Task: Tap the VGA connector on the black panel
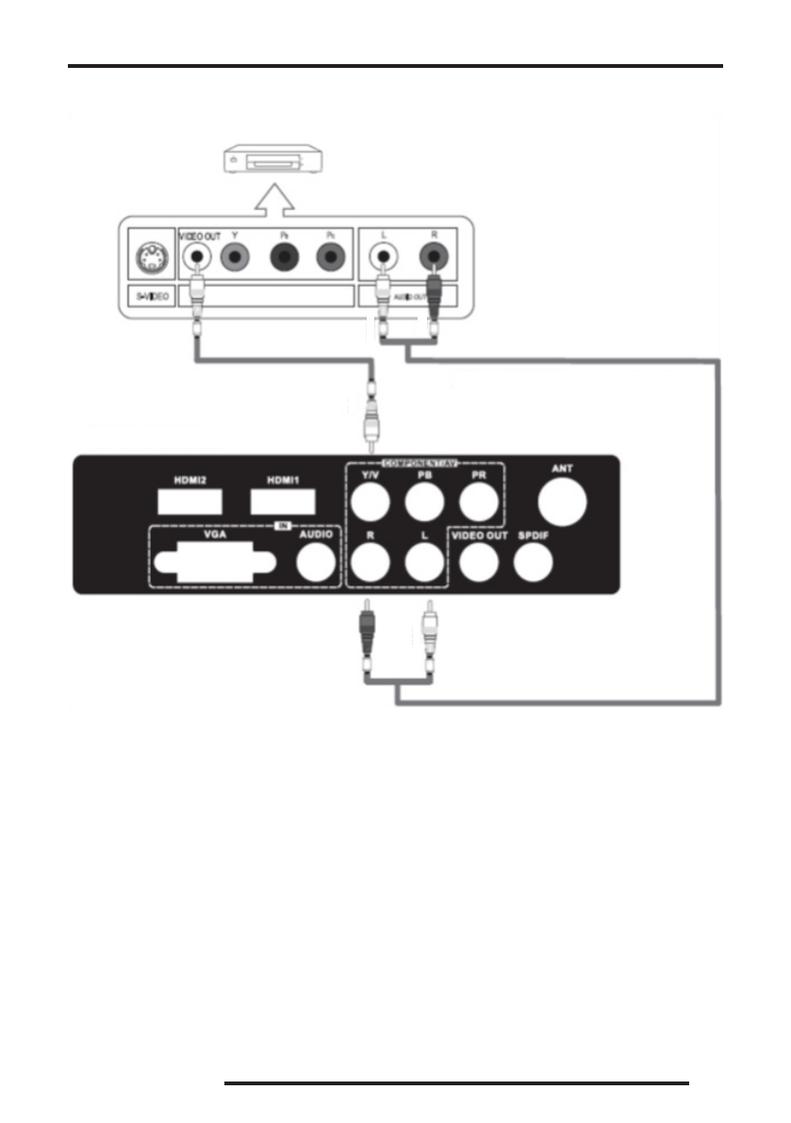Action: [214, 564]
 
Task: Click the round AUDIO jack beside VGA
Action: [316, 564]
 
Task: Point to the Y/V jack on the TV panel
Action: [367, 504]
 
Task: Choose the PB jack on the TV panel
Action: [423, 504]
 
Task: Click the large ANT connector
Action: [562, 500]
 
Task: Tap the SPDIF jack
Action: [534, 563]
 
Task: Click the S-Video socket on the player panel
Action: [151, 256]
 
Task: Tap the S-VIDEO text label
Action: [150, 296]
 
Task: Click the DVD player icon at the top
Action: [274, 163]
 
